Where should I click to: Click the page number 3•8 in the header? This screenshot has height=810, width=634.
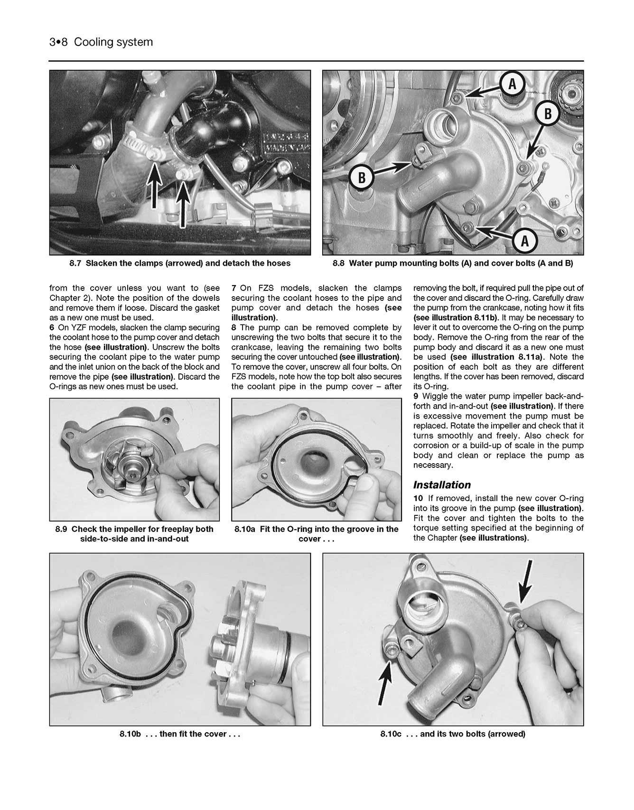pos(59,42)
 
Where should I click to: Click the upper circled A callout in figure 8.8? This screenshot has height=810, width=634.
pos(512,84)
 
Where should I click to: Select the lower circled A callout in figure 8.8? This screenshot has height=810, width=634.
pos(524,241)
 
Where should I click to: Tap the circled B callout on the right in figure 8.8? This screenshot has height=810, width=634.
pos(548,113)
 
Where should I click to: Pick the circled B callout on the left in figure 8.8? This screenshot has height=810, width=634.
pos(362,178)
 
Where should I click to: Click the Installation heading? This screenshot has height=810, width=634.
pos(442,484)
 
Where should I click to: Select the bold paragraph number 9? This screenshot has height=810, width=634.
pos(416,396)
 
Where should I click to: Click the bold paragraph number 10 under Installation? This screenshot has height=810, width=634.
pos(418,498)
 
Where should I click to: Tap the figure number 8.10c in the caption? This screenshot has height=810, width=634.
pos(391,734)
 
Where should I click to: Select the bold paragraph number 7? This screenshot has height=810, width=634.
pos(234,288)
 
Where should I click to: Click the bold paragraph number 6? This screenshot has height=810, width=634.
pos(52,327)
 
